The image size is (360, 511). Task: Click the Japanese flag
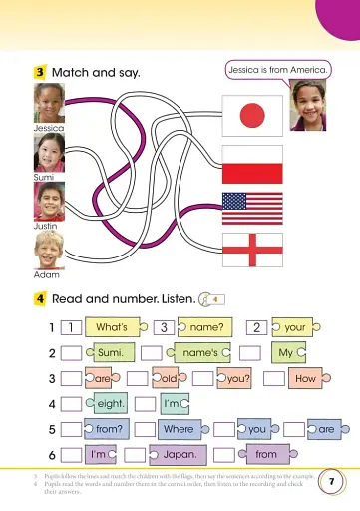coord(244,118)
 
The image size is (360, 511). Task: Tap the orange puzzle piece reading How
coord(305,379)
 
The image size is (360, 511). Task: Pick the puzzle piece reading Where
coord(179,429)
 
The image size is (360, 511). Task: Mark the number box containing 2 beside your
coord(256,326)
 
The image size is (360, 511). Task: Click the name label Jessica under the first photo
coord(48,129)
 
